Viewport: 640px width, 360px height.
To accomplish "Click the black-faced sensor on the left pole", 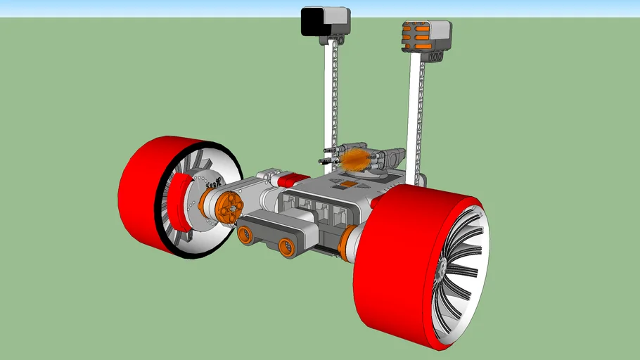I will click(312, 22).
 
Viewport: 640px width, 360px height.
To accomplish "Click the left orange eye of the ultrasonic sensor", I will click(246, 234).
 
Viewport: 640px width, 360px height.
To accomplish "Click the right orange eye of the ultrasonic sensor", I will click(286, 245).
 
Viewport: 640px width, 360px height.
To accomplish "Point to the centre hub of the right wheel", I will click(442, 268).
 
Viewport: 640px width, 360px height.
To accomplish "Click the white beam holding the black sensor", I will click(328, 98).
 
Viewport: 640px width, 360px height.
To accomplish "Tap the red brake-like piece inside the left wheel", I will click(181, 203).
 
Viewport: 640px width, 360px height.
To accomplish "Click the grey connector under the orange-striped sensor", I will click(422, 57).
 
